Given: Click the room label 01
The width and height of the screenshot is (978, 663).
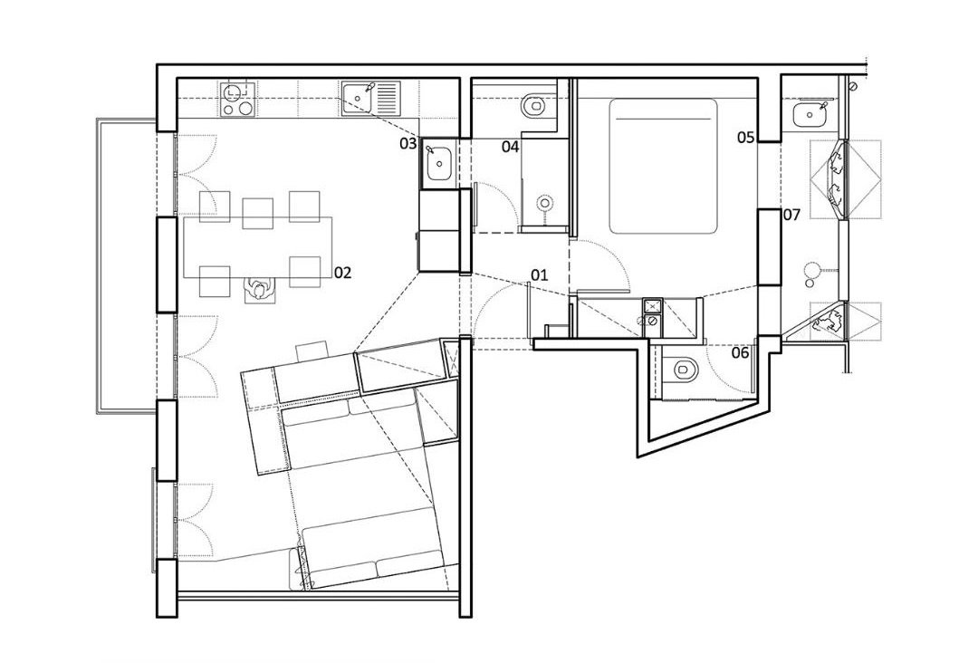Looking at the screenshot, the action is coord(539,274).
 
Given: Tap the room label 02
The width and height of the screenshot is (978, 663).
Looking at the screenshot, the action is coord(343,273).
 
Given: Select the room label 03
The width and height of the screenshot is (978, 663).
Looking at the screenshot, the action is coord(407,144).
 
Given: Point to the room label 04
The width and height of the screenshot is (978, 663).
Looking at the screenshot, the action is coord(510,148).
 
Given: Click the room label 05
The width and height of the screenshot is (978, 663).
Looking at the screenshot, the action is coord(746,137).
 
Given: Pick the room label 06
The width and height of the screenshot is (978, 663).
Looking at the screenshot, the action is coord(740,353).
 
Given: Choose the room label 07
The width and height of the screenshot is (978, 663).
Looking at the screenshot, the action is coord(791,216).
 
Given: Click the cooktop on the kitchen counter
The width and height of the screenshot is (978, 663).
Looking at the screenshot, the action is coord(238,100).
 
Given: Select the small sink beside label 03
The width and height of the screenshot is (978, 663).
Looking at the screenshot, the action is coord(441,163).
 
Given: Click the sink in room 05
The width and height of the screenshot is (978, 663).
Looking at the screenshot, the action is coord(810,115).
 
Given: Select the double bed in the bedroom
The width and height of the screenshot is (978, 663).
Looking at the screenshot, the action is coord(663,165).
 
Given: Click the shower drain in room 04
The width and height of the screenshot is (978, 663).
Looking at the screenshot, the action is coord(546,203).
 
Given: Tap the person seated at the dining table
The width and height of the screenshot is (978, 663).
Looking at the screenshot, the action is coord(258,290).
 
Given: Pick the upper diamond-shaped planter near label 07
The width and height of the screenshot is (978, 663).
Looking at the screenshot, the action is coord(845,179).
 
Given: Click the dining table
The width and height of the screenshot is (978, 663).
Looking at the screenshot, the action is coord(257,247).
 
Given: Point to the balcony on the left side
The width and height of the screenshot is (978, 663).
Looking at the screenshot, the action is coord(125,265).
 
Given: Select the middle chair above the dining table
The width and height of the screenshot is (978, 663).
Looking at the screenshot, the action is coord(257,214).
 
